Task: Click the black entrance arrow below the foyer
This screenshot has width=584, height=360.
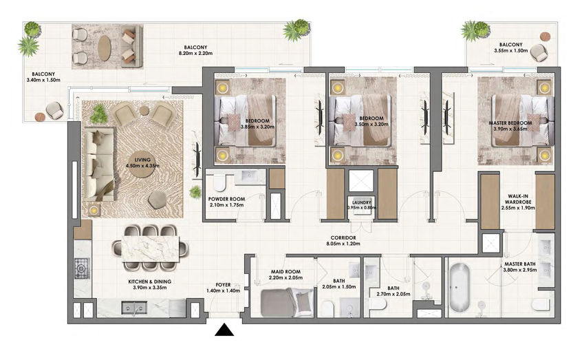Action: point(224,330)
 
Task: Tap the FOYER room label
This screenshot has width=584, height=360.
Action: point(223,285)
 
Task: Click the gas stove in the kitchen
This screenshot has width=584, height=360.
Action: point(82,268)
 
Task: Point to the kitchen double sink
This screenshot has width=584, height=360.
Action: point(134,308)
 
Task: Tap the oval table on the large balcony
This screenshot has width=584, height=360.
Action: point(105,47)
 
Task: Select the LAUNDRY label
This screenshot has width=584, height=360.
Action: point(362,202)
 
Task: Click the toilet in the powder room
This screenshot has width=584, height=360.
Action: point(219,182)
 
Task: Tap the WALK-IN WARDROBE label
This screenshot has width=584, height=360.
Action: point(518,199)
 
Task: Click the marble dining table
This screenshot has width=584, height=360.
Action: point(151,246)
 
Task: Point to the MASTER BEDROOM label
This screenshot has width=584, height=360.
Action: point(510,123)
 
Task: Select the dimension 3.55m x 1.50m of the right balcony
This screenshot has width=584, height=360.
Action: point(510,50)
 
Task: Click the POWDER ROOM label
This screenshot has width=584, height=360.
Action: point(226,199)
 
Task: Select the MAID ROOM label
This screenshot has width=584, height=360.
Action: point(285,272)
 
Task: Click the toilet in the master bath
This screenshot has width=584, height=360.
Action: point(541,304)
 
